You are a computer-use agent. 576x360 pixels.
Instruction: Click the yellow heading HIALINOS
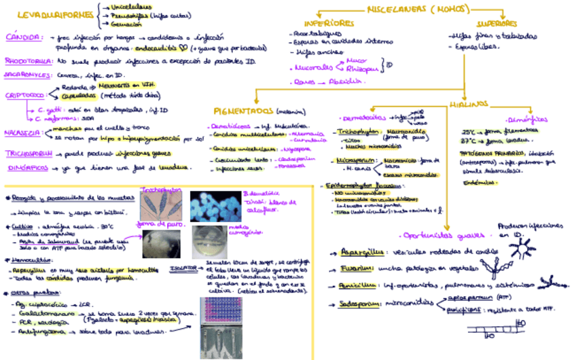pos(468,103)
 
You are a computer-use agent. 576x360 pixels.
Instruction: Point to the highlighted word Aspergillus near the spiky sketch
pos(356,252)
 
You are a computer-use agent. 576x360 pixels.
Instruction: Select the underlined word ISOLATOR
pos(183,269)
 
